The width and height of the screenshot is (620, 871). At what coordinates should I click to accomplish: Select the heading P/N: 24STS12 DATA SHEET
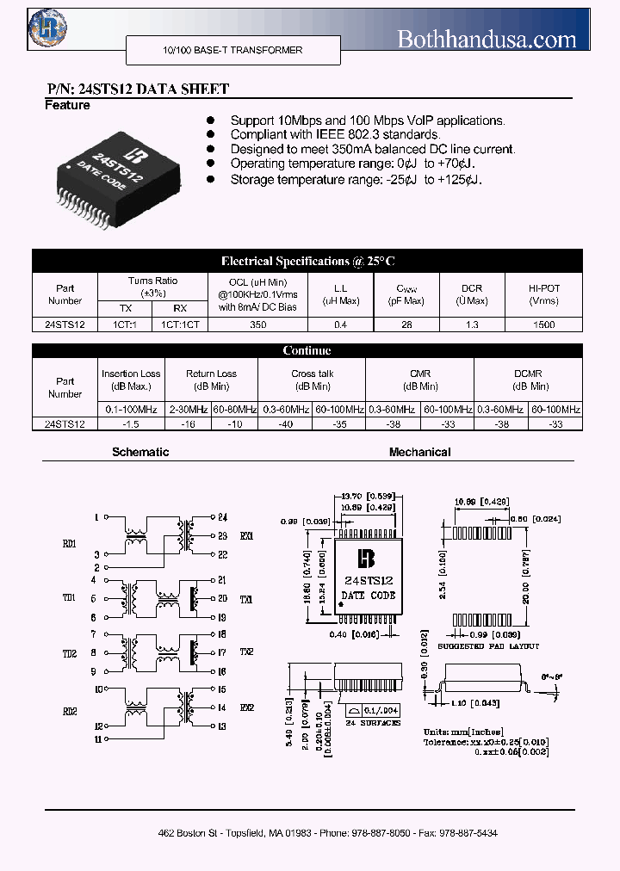pyautogui.click(x=137, y=90)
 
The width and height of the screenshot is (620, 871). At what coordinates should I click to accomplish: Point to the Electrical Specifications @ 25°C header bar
pyautogui.click(x=307, y=261)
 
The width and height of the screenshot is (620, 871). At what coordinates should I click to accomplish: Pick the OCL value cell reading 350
pyautogui.click(x=257, y=325)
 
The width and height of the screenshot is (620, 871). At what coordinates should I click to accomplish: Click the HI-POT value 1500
pyautogui.click(x=544, y=325)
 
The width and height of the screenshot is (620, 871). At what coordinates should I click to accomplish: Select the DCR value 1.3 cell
pyautogui.click(x=471, y=325)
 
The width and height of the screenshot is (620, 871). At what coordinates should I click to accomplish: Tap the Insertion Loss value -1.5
pyautogui.click(x=131, y=423)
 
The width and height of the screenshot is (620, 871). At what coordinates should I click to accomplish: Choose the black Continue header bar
pyautogui.click(x=307, y=350)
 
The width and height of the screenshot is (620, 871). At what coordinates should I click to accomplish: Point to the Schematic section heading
pyautogui.click(x=140, y=452)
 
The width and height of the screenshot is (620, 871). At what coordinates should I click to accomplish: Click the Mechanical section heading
pyautogui.click(x=419, y=452)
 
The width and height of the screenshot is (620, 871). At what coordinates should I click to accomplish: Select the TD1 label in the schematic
pyautogui.click(x=70, y=597)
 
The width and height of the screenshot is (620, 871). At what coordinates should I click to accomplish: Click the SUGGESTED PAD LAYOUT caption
pyautogui.click(x=488, y=646)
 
